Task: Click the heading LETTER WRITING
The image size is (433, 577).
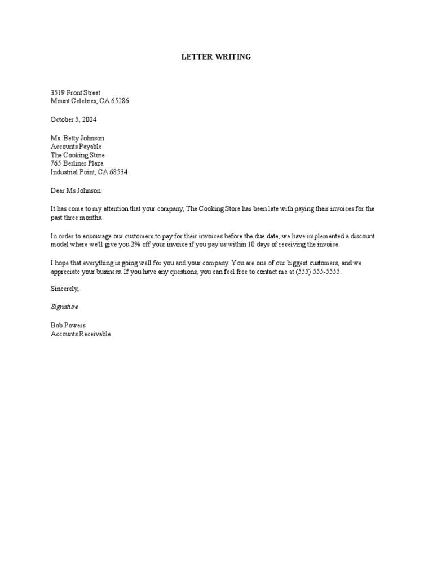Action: (x=216, y=57)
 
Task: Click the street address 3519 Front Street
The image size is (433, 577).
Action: (x=76, y=92)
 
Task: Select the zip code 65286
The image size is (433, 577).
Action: (x=124, y=101)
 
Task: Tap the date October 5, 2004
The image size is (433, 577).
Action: (x=73, y=119)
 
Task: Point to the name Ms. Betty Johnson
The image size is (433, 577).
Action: (x=77, y=138)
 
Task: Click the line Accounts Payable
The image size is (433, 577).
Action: (x=76, y=147)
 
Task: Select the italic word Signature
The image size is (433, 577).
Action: (x=64, y=307)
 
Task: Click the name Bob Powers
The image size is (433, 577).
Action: (x=68, y=326)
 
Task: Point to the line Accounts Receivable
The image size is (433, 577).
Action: (x=81, y=334)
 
